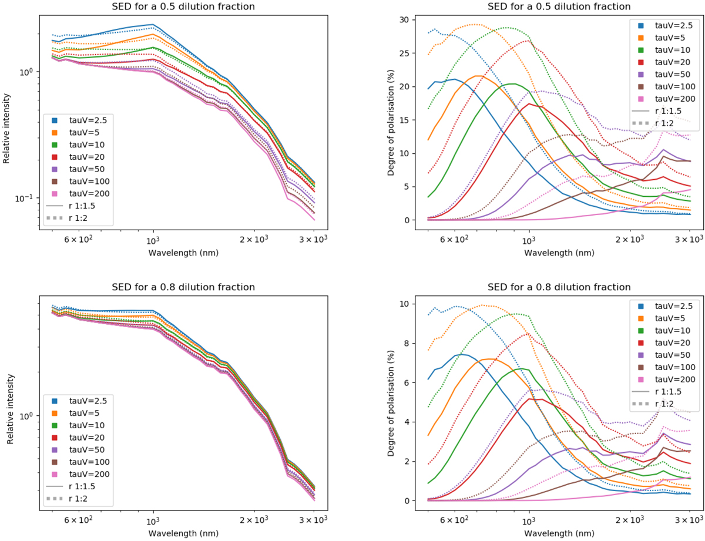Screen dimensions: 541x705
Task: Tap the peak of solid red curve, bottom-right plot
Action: tap(531, 399)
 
